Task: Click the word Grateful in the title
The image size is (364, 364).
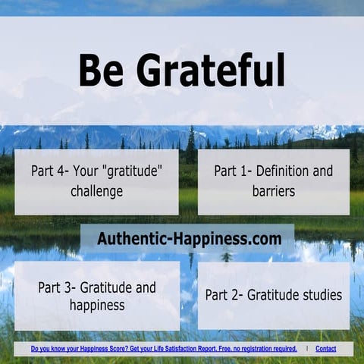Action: [211, 71]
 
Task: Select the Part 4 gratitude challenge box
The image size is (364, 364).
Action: [96, 181]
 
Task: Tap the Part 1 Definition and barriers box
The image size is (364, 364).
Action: [273, 181]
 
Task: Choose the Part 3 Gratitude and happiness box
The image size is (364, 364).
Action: [96, 297]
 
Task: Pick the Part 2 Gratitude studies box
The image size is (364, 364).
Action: [273, 295]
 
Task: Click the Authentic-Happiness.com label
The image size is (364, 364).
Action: [189, 239]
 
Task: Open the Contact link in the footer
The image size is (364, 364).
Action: [325, 349]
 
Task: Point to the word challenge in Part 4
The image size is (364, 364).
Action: [96, 191]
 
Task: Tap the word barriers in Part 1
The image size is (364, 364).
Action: [274, 191]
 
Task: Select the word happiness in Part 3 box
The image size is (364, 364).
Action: [96, 306]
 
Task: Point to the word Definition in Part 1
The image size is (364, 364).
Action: [275, 171]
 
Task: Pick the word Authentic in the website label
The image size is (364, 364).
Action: [127, 239]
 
